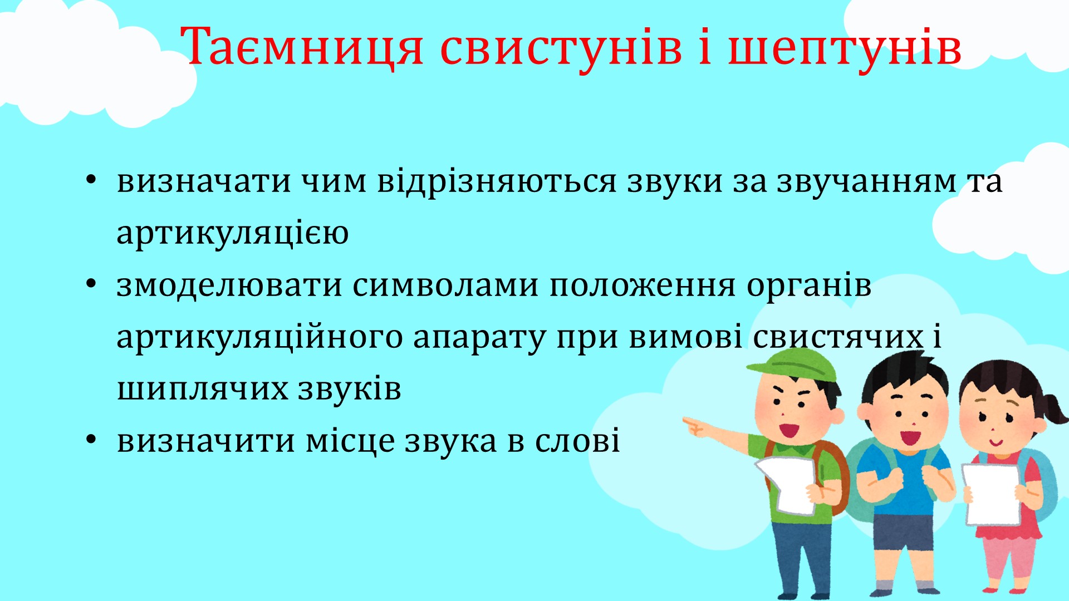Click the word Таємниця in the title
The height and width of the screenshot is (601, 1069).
click(x=302, y=47)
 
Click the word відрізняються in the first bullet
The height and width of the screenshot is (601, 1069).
click(x=497, y=181)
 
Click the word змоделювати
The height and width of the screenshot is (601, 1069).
click(x=229, y=285)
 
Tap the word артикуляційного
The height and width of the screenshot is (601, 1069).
click(x=259, y=337)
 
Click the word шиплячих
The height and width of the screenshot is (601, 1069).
click(x=203, y=389)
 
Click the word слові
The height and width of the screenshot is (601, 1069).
click(x=577, y=441)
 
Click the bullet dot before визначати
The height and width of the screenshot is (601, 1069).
click(x=91, y=180)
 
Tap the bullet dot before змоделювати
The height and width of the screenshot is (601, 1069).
click(x=91, y=284)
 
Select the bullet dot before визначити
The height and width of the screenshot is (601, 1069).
click(x=91, y=440)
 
